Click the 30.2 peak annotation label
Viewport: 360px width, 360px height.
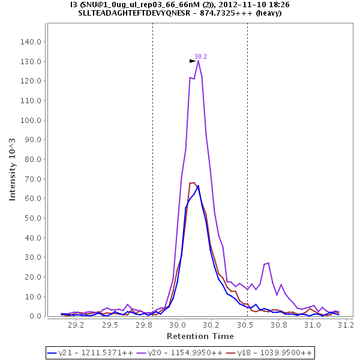click(x=200, y=56)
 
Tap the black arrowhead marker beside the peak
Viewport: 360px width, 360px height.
click(x=193, y=61)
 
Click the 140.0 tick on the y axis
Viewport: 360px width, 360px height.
click(x=31, y=42)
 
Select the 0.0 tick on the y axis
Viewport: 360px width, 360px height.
click(x=35, y=316)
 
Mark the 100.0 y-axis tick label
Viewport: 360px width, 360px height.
click(x=31, y=121)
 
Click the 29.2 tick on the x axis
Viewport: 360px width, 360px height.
click(x=76, y=325)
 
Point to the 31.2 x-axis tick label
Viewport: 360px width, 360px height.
click(x=346, y=325)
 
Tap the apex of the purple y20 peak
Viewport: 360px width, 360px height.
click(x=198, y=61)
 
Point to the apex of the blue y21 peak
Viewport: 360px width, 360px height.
click(x=198, y=185)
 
